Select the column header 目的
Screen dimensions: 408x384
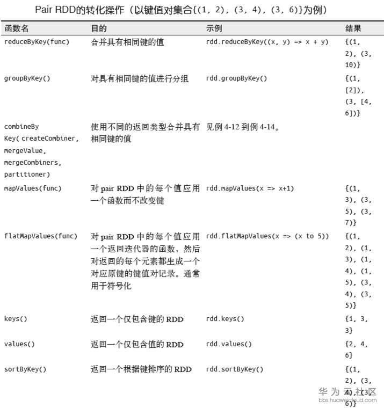coord(99,28)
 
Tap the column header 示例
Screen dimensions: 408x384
coord(214,28)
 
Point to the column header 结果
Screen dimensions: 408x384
coord(353,28)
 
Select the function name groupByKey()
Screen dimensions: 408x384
coord(27,78)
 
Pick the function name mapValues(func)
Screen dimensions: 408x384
coord(33,188)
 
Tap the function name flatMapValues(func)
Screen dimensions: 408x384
coord(41,236)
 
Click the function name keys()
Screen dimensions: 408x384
coord(16,319)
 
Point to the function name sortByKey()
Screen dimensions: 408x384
coord(25,369)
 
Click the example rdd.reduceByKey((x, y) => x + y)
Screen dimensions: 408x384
coord(267,42)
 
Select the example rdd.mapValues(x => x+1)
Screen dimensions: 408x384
coord(250,188)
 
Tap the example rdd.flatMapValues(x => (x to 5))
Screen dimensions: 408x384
coord(267,236)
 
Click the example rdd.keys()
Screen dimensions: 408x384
coord(225,319)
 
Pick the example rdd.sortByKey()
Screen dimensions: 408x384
coord(235,369)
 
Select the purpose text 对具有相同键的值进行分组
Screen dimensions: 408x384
coord(140,78)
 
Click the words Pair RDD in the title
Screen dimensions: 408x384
coord(56,10)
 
